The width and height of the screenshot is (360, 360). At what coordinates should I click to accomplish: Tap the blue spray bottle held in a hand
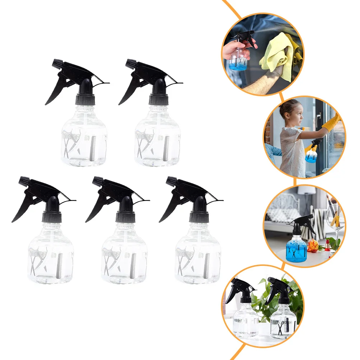(239, 59)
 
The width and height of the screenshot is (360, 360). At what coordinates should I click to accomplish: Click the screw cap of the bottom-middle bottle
(125, 217)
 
